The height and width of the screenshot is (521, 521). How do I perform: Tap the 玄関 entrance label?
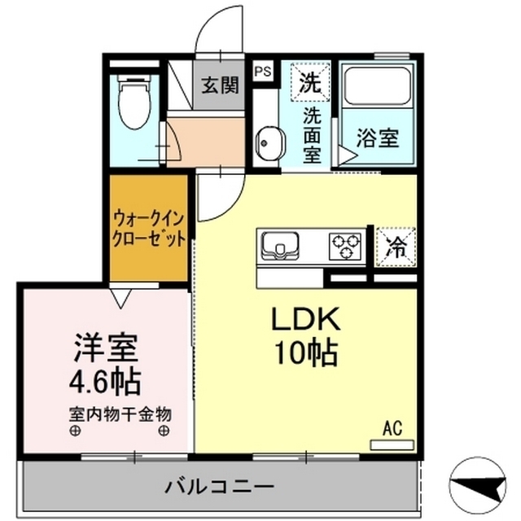(x=220, y=84)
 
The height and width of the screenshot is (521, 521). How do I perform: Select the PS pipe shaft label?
(x=262, y=72)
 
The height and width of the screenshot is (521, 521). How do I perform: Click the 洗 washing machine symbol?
(x=309, y=81)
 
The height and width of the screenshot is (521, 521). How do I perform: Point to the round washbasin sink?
(x=266, y=144)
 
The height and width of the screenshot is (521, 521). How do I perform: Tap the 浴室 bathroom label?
(x=378, y=138)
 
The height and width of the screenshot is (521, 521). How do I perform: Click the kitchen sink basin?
(x=280, y=244)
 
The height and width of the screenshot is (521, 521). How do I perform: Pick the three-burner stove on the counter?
(x=347, y=244)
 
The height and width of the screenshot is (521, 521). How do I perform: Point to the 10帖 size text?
(x=304, y=352)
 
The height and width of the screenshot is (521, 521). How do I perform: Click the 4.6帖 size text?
(x=102, y=379)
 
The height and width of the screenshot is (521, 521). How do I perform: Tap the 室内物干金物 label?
(x=120, y=412)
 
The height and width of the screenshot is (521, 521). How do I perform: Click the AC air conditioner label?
(x=392, y=427)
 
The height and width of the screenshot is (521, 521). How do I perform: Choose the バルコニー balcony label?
(x=220, y=487)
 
